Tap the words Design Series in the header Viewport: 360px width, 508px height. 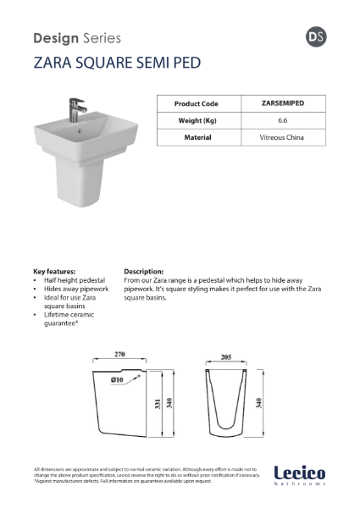tap(76, 38)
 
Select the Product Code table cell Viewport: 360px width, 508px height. tap(196, 103)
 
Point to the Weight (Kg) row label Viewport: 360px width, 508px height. tap(196, 120)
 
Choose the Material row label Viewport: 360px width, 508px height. tap(196, 136)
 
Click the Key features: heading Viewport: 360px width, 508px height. tap(55, 272)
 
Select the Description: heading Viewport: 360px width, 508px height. tap(143, 272)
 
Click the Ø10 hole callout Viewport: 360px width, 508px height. tap(116, 380)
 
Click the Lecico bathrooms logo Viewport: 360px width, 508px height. tap(299, 476)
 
